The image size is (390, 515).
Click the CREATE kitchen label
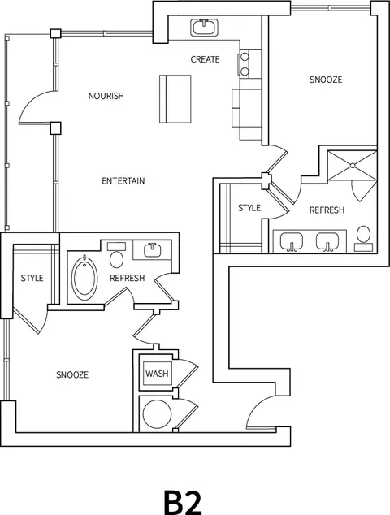point(205,59)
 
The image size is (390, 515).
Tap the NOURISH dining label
point(106,96)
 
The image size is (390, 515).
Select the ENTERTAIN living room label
point(123,181)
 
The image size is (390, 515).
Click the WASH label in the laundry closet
point(157,374)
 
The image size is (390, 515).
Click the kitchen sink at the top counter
point(204,28)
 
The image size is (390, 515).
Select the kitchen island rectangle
point(175,99)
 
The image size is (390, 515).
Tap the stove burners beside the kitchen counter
point(245,63)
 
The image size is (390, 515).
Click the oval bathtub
point(84,278)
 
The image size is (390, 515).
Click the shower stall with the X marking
point(353,166)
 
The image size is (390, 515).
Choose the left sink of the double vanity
point(292,241)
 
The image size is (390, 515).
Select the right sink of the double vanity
point(327,241)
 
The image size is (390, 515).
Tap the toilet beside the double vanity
point(364,239)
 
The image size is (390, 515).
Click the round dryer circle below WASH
point(157,414)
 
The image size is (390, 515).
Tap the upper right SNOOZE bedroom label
point(326,80)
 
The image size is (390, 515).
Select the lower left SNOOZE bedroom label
point(72,375)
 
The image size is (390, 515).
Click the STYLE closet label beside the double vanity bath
point(249,208)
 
